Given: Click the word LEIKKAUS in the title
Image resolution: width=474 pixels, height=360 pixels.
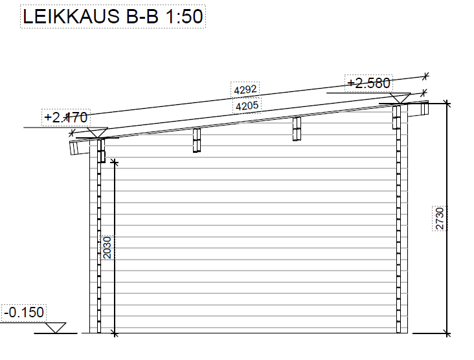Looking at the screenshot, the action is click(x=71, y=16).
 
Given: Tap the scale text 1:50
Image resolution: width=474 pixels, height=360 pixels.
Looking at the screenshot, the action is click(x=184, y=16).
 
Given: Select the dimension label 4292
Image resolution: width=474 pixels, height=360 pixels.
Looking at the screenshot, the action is click(x=245, y=89).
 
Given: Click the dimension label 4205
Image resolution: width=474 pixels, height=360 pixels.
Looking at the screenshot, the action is click(x=247, y=106).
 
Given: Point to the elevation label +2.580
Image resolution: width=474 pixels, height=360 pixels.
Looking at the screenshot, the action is click(x=368, y=83).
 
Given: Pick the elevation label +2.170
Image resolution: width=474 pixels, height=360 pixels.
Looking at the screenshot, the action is click(x=66, y=117).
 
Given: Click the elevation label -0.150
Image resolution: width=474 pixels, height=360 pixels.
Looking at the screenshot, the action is click(x=24, y=312).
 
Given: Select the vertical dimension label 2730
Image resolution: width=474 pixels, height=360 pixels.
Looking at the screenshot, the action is click(x=440, y=218).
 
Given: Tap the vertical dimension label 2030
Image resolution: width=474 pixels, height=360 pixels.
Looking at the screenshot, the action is click(x=107, y=247).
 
